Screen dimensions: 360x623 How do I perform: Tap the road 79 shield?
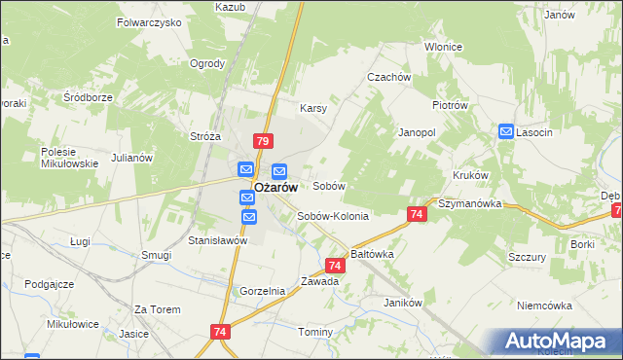point(262,141)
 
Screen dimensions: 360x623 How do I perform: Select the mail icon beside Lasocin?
point(506,131)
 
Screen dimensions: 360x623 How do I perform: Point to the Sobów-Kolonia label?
point(333,216)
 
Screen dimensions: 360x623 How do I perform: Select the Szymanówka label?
point(469,204)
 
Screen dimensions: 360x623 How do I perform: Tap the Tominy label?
point(315,332)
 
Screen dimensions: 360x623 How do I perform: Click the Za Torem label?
point(158,309)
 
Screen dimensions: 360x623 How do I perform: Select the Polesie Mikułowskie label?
point(70,158)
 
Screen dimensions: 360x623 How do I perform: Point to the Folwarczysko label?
point(149,21)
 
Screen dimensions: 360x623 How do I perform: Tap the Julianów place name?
point(132,158)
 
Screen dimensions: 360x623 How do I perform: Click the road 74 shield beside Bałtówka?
point(335,265)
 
